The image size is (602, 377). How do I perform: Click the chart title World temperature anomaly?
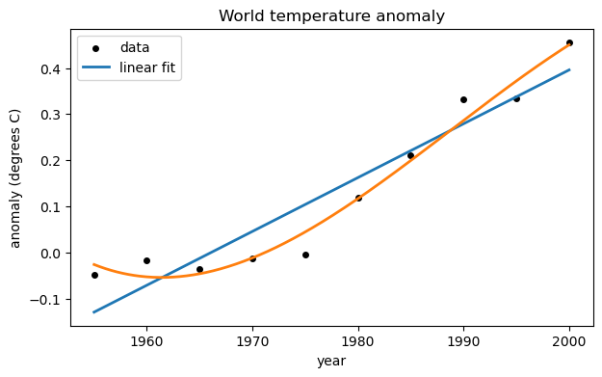(x=331, y=16)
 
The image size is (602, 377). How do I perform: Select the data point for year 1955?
(x=94, y=275)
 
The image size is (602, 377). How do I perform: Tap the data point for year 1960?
(x=146, y=260)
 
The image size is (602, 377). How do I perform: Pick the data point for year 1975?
(x=305, y=255)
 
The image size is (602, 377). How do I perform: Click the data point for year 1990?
(x=463, y=99)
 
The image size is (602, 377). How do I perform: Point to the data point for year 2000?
(x=569, y=42)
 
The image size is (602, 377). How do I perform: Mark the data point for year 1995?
(x=516, y=98)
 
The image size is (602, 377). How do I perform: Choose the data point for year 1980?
(x=358, y=198)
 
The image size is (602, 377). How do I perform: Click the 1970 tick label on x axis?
(x=252, y=340)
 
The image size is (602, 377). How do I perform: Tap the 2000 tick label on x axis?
(x=569, y=340)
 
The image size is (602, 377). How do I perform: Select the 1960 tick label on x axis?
(x=146, y=340)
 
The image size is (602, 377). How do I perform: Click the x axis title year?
(x=331, y=361)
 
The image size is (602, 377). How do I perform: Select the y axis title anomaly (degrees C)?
(x=15, y=178)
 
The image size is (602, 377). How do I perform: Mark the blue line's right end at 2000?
(x=569, y=69)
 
